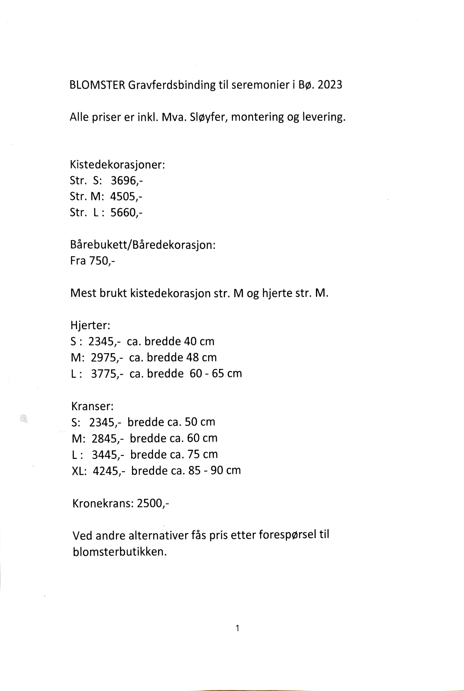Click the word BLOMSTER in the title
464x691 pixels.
click(97, 85)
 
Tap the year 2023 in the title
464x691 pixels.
click(330, 85)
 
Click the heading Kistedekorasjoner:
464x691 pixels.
click(117, 165)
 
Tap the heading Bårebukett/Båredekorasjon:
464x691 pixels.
click(143, 245)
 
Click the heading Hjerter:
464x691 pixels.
click(90, 325)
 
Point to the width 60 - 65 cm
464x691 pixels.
click(216, 373)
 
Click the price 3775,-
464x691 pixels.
click(107, 373)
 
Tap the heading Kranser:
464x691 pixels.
click(92, 406)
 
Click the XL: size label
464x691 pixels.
click(79, 471)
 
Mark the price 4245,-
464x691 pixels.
click(108, 471)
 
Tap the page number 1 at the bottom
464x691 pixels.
click(237, 628)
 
